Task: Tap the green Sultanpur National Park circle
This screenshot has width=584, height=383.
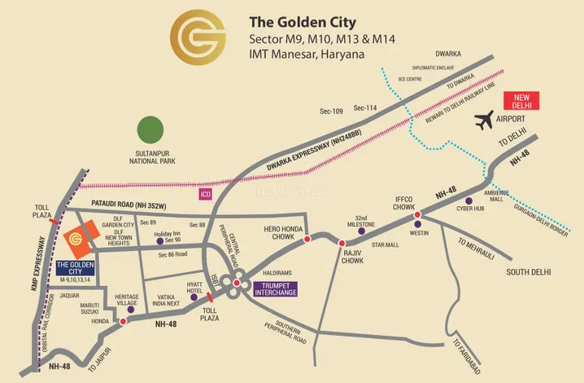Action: point(150,130)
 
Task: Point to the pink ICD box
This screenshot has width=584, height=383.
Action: point(205,195)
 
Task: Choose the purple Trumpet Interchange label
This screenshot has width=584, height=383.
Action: point(276,288)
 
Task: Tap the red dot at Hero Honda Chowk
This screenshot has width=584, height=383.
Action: point(307,240)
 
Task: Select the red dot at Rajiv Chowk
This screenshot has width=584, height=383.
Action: point(342,243)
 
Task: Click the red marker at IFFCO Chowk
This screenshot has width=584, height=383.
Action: point(417,215)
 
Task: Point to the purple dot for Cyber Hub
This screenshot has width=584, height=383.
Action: point(468,200)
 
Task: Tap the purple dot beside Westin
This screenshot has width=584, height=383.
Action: point(417,224)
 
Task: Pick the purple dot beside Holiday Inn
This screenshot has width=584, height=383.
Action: point(160,240)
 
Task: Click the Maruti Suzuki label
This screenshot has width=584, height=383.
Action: point(79,310)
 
